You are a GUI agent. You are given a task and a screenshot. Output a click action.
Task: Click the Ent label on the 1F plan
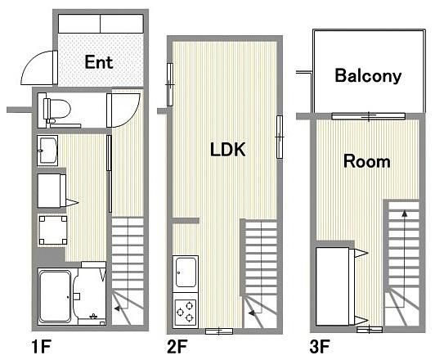(x=99, y=62)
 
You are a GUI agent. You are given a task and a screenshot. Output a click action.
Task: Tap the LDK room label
(x=228, y=150)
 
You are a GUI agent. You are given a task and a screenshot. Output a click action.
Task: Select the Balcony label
(x=368, y=75)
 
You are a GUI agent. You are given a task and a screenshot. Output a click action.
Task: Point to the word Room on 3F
(x=367, y=161)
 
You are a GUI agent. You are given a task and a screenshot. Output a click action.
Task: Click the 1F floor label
(x=42, y=346)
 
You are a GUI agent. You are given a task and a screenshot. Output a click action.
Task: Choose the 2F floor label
(x=177, y=346)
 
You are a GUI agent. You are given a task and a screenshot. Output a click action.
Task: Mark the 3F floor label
(x=320, y=346)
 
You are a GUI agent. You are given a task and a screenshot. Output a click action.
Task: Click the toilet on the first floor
(x=57, y=110)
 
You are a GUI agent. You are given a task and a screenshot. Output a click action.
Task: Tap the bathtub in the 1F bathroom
(x=55, y=296)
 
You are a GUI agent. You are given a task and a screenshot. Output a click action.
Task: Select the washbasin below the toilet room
(x=47, y=151)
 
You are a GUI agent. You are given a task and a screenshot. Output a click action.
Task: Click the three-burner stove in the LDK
(x=186, y=313)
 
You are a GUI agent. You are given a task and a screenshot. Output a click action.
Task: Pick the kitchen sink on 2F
(x=186, y=272)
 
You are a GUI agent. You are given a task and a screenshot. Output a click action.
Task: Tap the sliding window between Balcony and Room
(x=369, y=115)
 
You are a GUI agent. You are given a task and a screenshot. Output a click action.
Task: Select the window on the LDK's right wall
(x=280, y=137)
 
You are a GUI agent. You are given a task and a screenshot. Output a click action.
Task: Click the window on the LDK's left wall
(x=170, y=84)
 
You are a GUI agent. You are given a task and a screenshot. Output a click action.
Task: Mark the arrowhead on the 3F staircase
(x=405, y=214)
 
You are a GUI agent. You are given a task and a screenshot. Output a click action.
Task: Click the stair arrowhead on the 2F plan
(x=252, y=313)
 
